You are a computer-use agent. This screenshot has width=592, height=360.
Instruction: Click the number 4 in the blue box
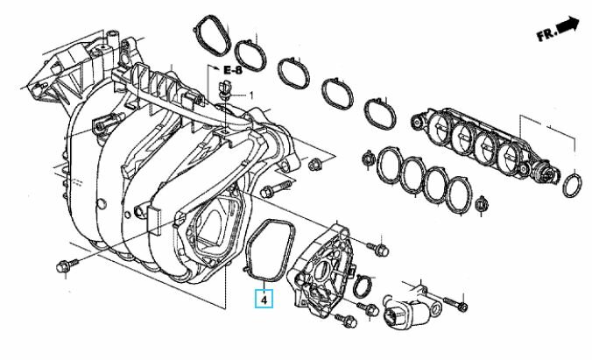[264, 300]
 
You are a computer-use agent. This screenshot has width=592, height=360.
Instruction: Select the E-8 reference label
[233, 70]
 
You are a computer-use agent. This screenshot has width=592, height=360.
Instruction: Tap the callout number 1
[251, 95]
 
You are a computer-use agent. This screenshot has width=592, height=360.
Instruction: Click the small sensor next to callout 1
[225, 89]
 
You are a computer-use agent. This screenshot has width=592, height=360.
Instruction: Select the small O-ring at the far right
[572, 185]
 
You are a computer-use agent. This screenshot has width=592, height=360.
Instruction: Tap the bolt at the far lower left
[67, 265]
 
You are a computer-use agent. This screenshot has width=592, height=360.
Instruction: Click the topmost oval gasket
[213, 35]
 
